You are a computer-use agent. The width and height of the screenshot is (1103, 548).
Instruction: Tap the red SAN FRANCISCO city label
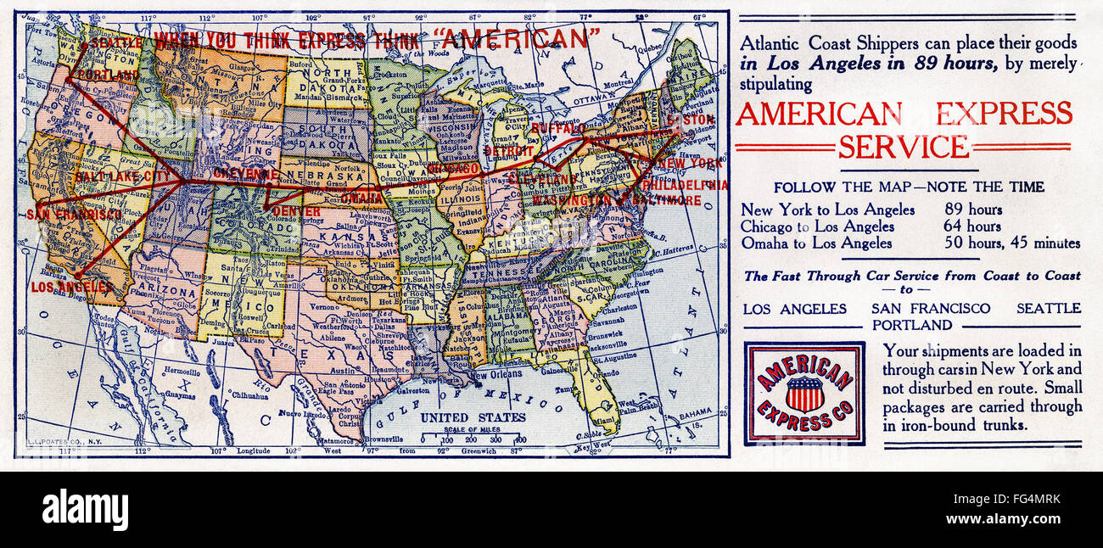click(x=74, y=215)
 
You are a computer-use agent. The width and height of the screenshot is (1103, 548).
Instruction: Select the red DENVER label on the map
click(x=297, y=211)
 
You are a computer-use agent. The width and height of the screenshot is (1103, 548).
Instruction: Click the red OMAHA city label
click(x=363, y=198)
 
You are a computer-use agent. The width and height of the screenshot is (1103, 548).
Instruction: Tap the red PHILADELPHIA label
click(x=685, y=184)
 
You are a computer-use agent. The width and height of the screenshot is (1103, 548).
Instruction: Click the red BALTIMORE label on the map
click(x=669, y=200)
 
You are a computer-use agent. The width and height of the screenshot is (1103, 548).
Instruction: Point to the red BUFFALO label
click(x=559, y=129)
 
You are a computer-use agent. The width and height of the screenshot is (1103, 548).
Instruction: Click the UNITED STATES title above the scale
click(x=473, y=417)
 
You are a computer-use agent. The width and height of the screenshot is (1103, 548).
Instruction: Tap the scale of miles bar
click(x=473, y=439)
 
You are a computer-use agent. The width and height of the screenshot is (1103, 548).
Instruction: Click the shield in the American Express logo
click(x=803, y=394)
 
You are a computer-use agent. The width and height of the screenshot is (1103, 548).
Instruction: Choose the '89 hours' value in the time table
click(x=973, y=210)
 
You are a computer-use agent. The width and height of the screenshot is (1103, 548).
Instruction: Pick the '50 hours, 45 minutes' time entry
click(x=1012, y=243)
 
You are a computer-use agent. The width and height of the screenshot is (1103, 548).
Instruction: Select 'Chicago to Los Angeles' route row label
click(x=817, y=226)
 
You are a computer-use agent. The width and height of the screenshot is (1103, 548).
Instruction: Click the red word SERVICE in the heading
click(x=903, y=147)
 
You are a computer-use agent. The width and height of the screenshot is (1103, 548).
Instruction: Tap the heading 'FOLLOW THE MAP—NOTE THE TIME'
click(x=909, y=187)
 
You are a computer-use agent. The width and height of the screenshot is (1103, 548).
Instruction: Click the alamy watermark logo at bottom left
click(x=85, y=510)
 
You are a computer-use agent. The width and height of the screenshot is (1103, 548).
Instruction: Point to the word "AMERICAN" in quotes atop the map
click(x=516, y=38)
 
